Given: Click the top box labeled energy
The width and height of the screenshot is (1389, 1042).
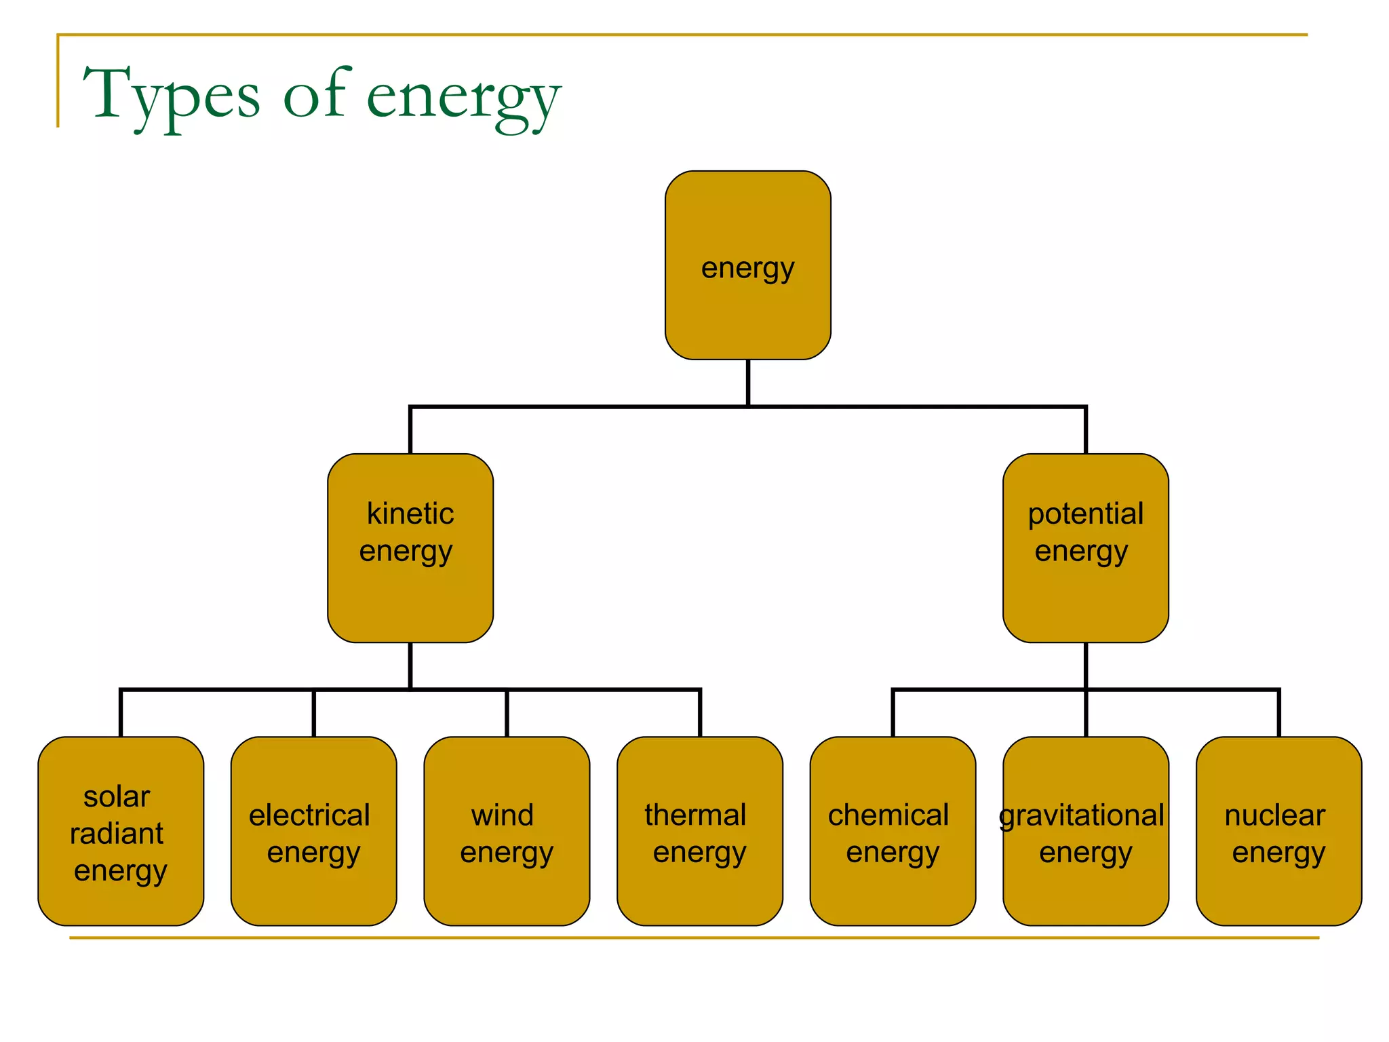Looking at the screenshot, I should tap(747, 265).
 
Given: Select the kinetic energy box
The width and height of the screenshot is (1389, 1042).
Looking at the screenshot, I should tap(410, 547).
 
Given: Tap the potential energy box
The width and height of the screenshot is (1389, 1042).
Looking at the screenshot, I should tap(1085, 547).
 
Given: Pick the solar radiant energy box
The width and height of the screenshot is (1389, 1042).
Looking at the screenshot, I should tap(121, 831).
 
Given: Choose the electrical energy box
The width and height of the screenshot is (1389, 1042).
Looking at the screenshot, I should tap(313, 831).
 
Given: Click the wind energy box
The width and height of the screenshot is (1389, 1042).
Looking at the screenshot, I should tap(507, 831).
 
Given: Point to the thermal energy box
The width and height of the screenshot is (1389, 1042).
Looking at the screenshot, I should tap(699, 831).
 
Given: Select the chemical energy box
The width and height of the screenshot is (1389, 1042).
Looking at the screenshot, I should tap(893, 831).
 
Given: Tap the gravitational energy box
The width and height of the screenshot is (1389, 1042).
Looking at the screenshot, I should tap(1085, 831).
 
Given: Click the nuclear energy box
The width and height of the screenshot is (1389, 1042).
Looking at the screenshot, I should tap(1278, 831).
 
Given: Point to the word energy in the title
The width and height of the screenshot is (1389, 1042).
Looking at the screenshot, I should tap(464, 98).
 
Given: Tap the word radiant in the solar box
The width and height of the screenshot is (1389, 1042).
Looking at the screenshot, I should tap(117, 833).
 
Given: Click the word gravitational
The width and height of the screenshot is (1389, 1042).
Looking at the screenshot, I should tap(1082, 815).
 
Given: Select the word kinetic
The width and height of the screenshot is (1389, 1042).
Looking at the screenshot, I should tap(410, 514).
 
